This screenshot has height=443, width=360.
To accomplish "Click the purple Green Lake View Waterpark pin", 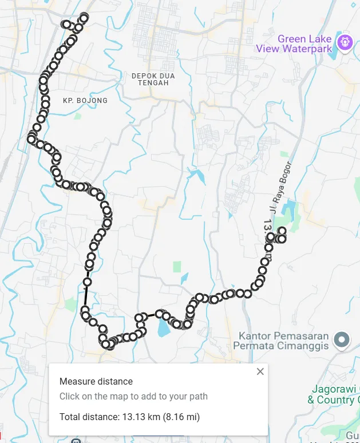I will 344,42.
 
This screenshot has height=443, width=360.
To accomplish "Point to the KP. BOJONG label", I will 85,101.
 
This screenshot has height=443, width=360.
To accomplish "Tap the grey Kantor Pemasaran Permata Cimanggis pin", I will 342,339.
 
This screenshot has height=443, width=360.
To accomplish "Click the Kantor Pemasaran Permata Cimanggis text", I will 284,341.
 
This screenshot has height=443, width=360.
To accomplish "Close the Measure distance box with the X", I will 260,371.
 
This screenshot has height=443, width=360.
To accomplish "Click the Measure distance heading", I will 96,381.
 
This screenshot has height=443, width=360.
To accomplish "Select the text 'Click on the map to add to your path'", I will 133,396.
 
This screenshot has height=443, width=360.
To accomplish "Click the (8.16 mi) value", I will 181,417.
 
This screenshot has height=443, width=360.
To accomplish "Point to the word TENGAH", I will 153,83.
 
